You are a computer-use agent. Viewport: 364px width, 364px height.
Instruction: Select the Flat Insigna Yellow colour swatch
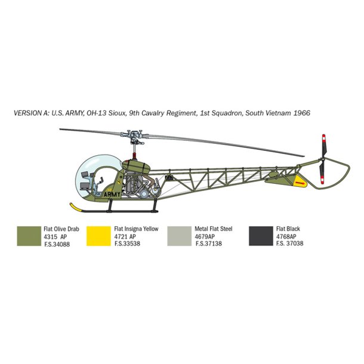pos(98,236)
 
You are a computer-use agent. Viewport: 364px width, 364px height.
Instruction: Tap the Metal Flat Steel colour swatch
pos(180,236)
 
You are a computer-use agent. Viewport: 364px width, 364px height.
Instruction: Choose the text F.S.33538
pos(127,243)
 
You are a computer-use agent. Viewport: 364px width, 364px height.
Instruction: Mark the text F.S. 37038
pos(289,243)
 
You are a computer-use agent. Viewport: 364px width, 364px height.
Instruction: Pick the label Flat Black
pos(288,229)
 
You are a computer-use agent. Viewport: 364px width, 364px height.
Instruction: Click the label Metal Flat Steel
pos(214,229)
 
